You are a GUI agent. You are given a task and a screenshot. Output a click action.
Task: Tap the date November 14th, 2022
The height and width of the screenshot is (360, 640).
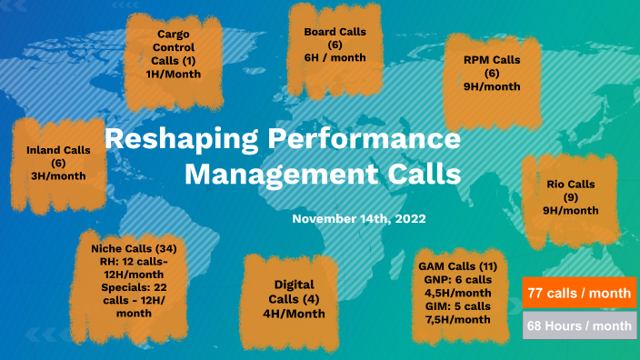click(358, 219)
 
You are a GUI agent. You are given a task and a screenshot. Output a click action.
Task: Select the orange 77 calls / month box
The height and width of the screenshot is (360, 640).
click(579, 295)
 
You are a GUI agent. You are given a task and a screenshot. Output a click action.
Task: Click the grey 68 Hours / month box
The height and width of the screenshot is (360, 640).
click(579, 325)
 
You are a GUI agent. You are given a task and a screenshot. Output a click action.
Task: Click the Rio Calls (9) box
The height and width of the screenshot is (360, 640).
click(571, 196)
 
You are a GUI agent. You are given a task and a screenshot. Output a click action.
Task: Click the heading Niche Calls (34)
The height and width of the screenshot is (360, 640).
click(134, 248)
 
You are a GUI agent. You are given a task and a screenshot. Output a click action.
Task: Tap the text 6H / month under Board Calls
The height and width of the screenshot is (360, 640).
click(335, 58)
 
